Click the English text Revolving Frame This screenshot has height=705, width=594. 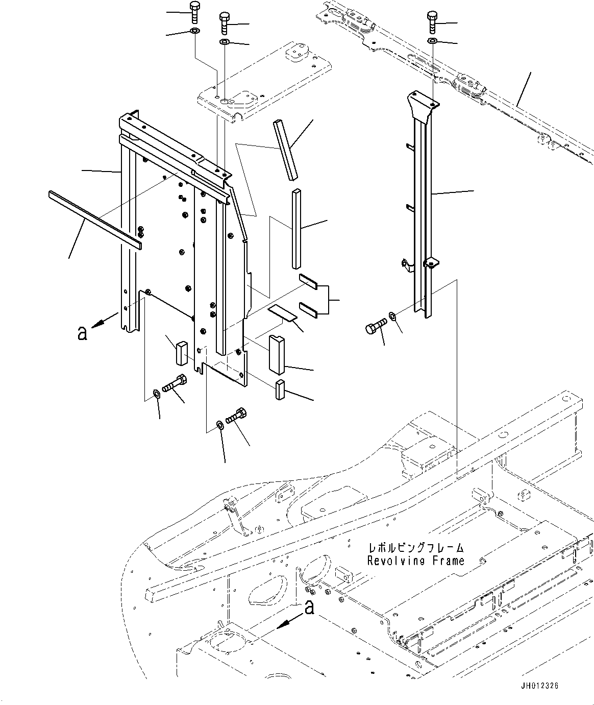(x=416, y=561)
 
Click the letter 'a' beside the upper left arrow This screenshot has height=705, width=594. (x=81, y=333)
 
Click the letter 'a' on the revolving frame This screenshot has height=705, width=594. (x=308, y=607)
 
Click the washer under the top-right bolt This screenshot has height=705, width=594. (x=432, y=40)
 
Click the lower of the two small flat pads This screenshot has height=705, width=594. (x=308, y=308)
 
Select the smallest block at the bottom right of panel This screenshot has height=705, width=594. (x=280, y=390)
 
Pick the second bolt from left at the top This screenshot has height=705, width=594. (x=225, y=22)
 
